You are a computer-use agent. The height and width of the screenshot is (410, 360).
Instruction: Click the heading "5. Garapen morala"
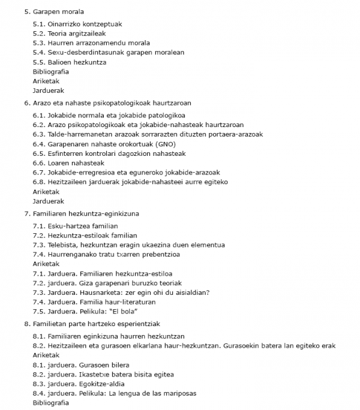tap(54, 12)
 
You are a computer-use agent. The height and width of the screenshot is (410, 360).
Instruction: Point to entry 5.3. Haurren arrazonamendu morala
tap(91, 43)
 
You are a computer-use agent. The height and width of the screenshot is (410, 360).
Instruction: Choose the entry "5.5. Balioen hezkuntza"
tap(70, 62)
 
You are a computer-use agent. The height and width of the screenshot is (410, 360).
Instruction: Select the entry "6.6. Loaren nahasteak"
tap(68, 163)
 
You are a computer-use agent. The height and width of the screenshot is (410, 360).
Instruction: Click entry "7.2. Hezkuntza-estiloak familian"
tap(85, 236)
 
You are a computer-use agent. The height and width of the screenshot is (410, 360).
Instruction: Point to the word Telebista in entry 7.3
tap(62, 245)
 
